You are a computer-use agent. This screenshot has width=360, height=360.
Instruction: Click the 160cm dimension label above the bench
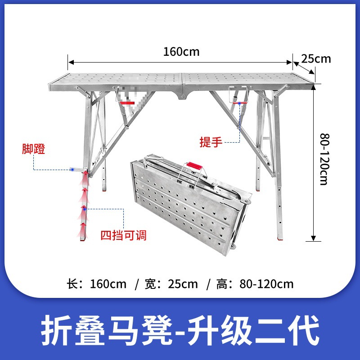click(x=181, y=51)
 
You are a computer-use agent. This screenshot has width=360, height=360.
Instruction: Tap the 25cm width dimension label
click(x=316, y=58)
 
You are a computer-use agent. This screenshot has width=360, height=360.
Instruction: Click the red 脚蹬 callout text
click(x=34, y=149)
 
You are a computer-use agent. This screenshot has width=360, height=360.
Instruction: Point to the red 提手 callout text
click(x=211, y=142)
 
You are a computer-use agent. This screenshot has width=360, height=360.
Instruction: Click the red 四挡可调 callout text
click(x=123, y=234)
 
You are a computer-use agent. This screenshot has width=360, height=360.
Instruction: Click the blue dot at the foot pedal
click(x=72, y=170)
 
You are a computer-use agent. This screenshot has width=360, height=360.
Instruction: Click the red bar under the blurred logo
click(x=127, y=103)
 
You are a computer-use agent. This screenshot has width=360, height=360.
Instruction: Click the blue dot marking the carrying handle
click(x=240, y=103)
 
